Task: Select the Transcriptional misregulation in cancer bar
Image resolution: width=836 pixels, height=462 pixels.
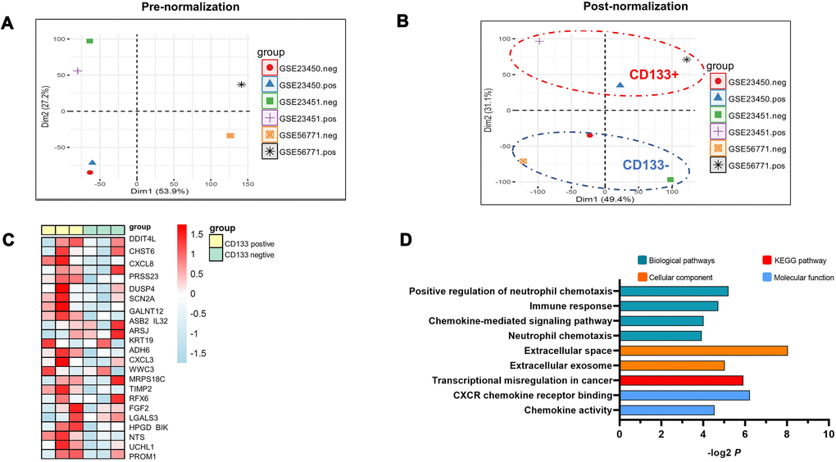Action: click(681, 380)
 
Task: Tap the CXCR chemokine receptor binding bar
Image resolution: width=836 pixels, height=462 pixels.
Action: click(684, 395)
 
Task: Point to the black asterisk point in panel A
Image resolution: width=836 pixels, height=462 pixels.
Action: click(241, 84)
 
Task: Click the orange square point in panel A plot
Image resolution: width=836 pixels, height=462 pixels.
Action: click(230, 136)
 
